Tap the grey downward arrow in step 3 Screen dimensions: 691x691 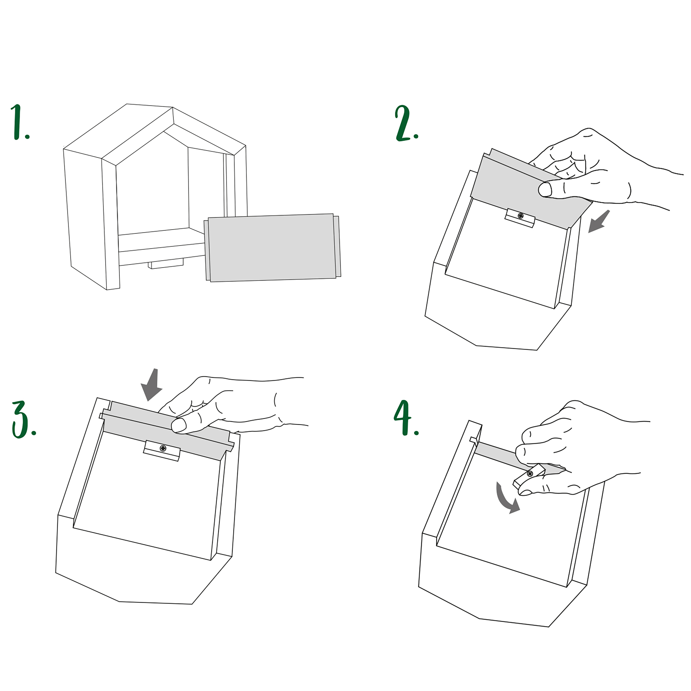click(x=152, y=384)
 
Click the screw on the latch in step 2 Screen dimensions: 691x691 click(x=520, y=216)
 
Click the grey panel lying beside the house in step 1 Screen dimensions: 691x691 click(x=272, y=248)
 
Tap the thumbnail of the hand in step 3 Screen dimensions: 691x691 click(x=179, y=425)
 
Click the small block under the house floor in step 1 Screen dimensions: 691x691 click(x=166, y=264)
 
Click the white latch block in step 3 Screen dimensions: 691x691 click(x=162, y=451)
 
